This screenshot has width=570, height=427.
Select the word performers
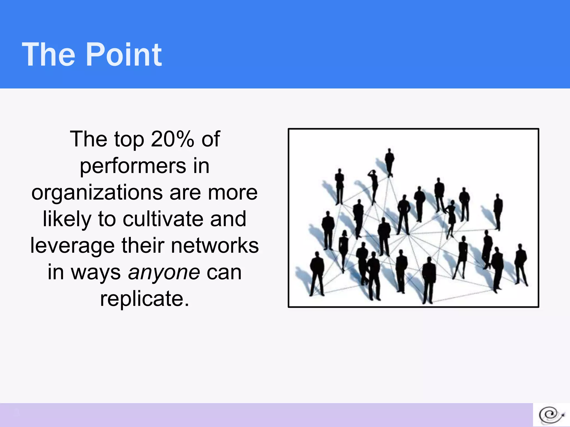click(x=133, y=166)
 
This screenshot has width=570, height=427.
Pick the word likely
click(x=67, y=219)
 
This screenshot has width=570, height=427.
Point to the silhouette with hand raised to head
click(x=374, y=186)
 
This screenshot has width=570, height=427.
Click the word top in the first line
click(x=129, y=139)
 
